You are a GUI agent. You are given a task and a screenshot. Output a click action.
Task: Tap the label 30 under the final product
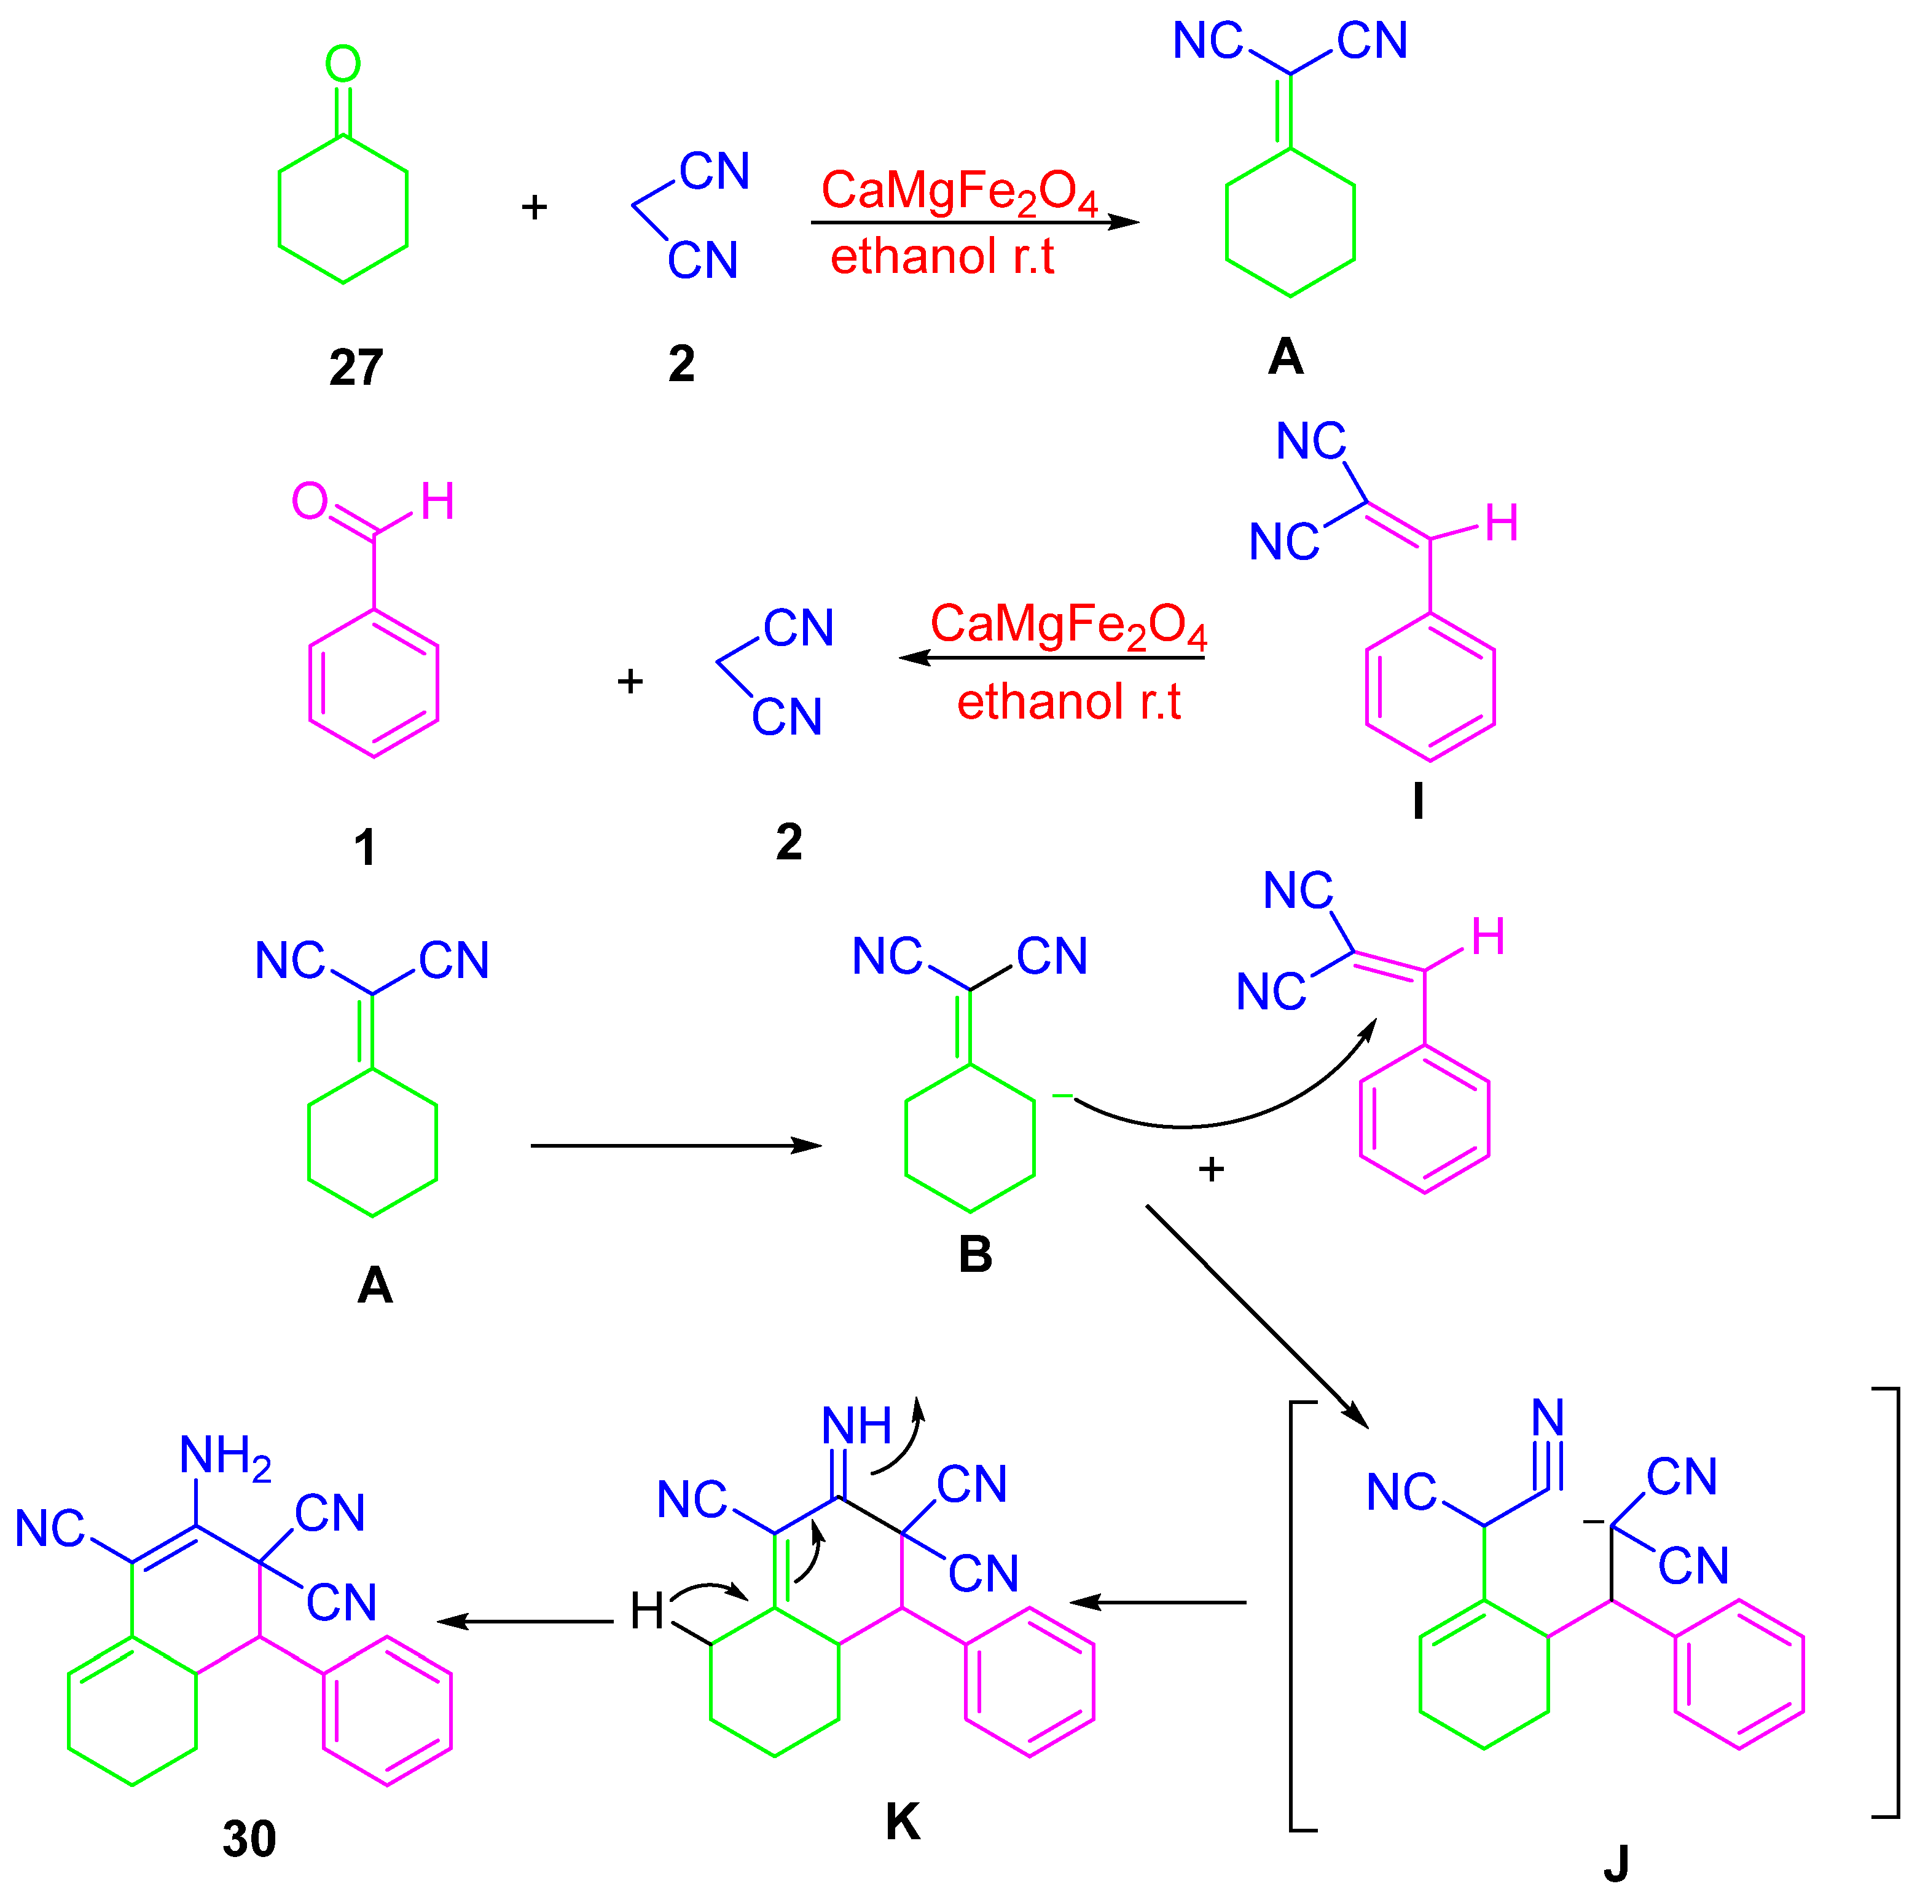pos(249,1839)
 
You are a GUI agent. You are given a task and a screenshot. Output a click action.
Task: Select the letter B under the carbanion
pos(975,1255)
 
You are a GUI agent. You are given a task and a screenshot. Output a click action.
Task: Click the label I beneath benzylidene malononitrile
pos(1418,802)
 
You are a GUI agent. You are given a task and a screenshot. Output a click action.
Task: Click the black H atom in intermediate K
pos(647,1611)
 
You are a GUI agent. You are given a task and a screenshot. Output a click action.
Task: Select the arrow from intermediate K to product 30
pos(525,1621)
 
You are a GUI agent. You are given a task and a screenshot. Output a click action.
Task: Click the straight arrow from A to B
pos(676,1146)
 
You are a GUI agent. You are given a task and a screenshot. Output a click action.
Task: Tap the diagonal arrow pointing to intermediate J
pos(1257,1316)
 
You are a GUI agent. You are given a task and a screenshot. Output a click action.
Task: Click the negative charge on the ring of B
pos(1061,1095)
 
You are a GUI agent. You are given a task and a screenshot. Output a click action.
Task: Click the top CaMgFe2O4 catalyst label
pos(959,191)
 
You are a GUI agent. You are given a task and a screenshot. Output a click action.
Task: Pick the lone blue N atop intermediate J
pos(1548,1418)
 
